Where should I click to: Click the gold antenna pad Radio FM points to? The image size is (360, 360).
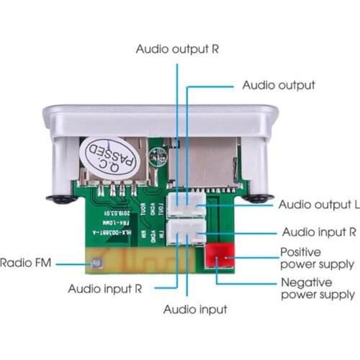click(94, 264)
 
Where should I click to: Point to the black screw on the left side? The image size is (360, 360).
click(60, 197)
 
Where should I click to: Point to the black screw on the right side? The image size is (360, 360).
click(257, 197)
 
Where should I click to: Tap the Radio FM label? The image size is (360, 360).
click(27, 264)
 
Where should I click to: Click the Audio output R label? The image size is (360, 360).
click(178, 50)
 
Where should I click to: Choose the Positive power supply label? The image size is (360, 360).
click(317, 258)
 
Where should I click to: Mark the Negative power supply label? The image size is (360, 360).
click(317, 288)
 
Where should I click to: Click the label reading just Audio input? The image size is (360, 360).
click(195, 310)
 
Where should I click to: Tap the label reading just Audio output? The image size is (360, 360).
click(278, 85)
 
